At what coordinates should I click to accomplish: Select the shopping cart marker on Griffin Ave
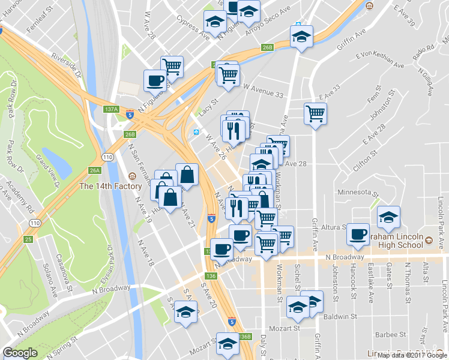(x=315, y=113)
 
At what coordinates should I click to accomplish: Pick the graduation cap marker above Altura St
(x=389, y=217)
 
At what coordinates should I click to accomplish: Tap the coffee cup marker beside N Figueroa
(x=155, y=80)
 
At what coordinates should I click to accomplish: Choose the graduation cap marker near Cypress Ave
(x=215, y=22)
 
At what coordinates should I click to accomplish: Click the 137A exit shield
(x=111, y=109)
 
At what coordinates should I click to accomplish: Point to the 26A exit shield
(x=94, y=170)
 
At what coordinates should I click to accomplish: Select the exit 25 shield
(x=27, y=239)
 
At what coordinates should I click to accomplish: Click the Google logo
(x=20, y=353)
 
